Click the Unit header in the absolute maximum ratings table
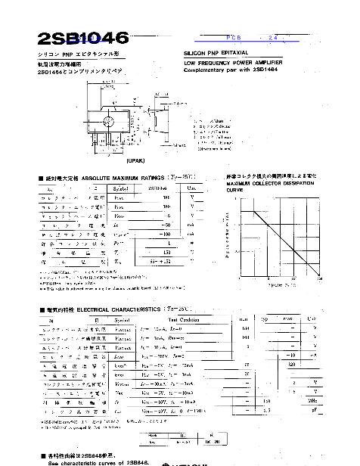point(192,187)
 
